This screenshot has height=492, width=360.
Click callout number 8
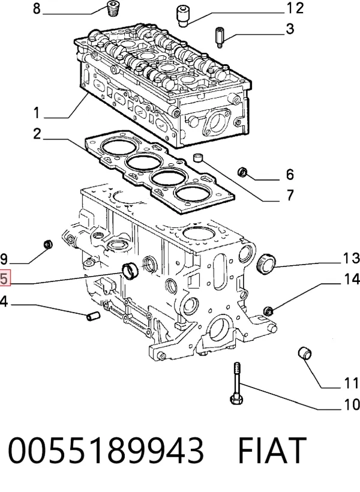pos(37,8)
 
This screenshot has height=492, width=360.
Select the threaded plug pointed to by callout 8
pos(112,9)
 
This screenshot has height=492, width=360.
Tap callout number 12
pos(295,8)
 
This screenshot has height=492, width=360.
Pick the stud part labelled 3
pos(220,38)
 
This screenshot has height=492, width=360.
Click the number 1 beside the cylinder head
pos(37,113)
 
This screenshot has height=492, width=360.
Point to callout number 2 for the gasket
pos(37,134)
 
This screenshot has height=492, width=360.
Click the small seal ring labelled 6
pos(242,172)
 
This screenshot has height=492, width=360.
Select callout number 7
pos(290,195)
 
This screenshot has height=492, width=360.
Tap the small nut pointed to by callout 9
pos(48,244)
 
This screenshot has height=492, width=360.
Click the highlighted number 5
pos(5,278)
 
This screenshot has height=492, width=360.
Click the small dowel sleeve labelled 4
pos(92,316)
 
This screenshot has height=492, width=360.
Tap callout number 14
pos(350,278)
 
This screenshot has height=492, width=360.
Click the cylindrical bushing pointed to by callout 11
pos(305,353)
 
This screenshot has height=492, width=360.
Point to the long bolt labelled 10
pos(236,383)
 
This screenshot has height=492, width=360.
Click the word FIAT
pos(272,450)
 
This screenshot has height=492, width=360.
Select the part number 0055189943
pos(106,450)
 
